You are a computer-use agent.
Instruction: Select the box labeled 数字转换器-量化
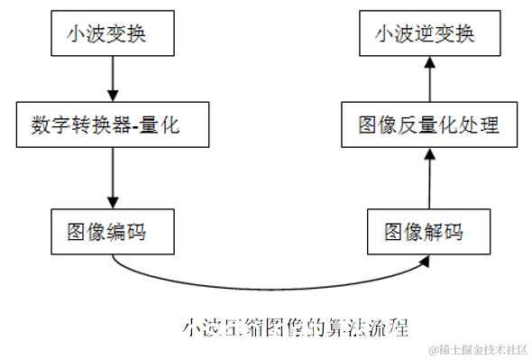(x=112, y=125)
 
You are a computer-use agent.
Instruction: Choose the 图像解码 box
(x=428, y=233)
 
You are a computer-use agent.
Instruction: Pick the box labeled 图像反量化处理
(x=428, y=125)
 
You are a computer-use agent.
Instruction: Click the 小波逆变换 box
(x=428, y=34)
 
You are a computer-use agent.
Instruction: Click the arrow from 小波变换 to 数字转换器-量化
(x=112, y=78)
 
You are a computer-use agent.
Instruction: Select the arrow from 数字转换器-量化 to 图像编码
(x=112, y=178)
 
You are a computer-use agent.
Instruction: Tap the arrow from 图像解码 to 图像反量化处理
(x=428, y=178)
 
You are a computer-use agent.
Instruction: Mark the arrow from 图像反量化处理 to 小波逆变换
(x=428, y=78)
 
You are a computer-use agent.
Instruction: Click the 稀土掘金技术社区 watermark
(x=480, y=349)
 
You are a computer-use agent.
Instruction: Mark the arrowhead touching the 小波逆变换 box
(x=428, y=62)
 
